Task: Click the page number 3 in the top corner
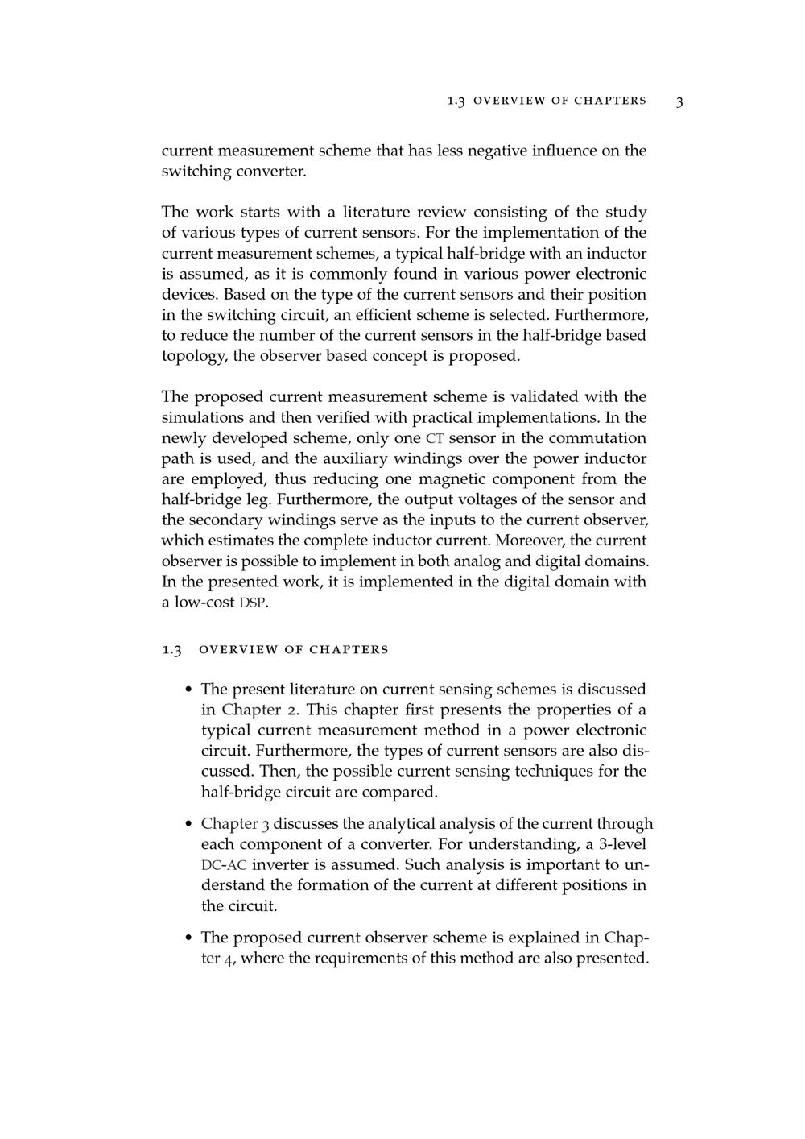679,101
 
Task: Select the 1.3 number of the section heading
172,649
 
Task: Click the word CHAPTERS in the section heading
349,649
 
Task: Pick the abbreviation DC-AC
224,865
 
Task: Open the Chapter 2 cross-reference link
251,710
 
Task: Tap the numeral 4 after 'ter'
229,959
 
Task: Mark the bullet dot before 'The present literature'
188,690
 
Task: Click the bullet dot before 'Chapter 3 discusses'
188,824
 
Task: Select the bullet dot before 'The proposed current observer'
188,938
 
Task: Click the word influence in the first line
566,151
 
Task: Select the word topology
194,356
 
